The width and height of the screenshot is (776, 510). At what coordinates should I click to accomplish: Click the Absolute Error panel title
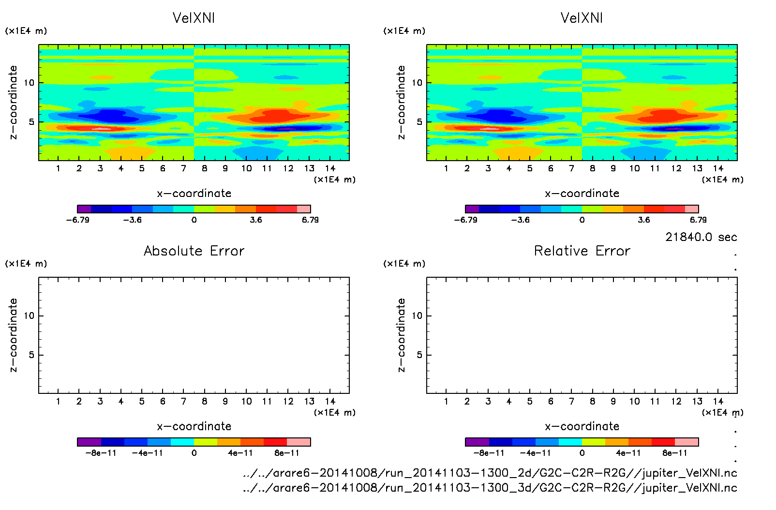tap(194, 251)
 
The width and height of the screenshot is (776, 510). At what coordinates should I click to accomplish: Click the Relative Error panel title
tap(582, 251)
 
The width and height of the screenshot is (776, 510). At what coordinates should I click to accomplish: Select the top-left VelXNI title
tap(194, 18)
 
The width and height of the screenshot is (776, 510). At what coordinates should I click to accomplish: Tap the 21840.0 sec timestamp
tap(701, 237)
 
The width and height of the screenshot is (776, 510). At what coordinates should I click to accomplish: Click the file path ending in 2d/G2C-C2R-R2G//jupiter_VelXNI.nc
tap(490, 473)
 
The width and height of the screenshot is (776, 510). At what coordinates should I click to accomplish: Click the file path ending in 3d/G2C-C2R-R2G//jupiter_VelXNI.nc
tap(490, 488)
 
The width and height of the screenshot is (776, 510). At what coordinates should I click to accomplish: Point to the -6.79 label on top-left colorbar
tap(77, 220)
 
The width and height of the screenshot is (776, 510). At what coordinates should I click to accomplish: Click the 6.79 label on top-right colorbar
tap(698, 220)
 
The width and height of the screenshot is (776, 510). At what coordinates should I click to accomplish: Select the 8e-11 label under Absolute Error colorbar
tap(287, 453)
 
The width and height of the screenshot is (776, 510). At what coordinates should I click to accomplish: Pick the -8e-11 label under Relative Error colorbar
tap(489, 453)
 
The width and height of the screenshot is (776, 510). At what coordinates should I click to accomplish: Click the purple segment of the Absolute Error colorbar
tap(89, 442)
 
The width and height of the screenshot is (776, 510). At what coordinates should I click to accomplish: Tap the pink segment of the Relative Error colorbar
tap(686, 442)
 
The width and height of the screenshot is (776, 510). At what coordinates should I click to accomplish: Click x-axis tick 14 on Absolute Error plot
tap(330, 401)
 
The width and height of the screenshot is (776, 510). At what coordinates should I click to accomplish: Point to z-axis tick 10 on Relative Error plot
tap(417, 315)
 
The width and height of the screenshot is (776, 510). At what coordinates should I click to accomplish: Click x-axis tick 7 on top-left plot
tap(183, 168)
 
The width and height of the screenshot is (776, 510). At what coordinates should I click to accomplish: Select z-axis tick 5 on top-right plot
tap(419, 122)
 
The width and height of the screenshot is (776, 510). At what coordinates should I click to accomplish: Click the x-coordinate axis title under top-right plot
tap(582, 194)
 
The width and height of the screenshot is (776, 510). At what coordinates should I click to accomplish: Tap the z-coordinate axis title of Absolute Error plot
tap(14, 335)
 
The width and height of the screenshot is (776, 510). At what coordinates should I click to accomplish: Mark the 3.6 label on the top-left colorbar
tap(256, 220)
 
